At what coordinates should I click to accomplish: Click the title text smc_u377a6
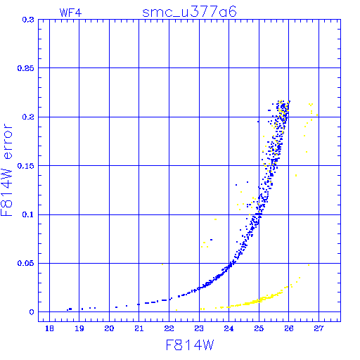(189, 12)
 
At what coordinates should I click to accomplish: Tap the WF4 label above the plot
(70, 13)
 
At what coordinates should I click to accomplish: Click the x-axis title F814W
(190, 345)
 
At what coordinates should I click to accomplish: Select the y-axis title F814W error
(6, 170)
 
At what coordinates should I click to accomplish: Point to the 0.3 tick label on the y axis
(28, 20)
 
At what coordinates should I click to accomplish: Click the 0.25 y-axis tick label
(26, 68)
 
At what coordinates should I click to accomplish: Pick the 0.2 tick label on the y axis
(28, 117)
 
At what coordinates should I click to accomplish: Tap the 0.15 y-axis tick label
(26, 166)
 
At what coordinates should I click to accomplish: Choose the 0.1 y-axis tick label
(28, 214)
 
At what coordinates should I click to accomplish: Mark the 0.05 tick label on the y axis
(26, 263)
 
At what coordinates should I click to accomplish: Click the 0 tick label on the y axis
(32, 312)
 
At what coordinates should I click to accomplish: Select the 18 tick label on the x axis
(49, 328)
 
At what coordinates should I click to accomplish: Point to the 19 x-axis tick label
(79, 328)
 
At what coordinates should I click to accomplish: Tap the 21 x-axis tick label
(139, 328)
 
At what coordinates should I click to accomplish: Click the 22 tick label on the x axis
(169, 328)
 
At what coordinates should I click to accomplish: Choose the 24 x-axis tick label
(229, 328)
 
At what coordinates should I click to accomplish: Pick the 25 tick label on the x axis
(259, 328)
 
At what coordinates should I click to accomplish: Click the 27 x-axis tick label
(319, 328)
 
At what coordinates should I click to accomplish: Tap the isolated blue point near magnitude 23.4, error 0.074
(212, 240)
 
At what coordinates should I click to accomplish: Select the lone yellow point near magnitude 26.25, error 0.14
(296, 175)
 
